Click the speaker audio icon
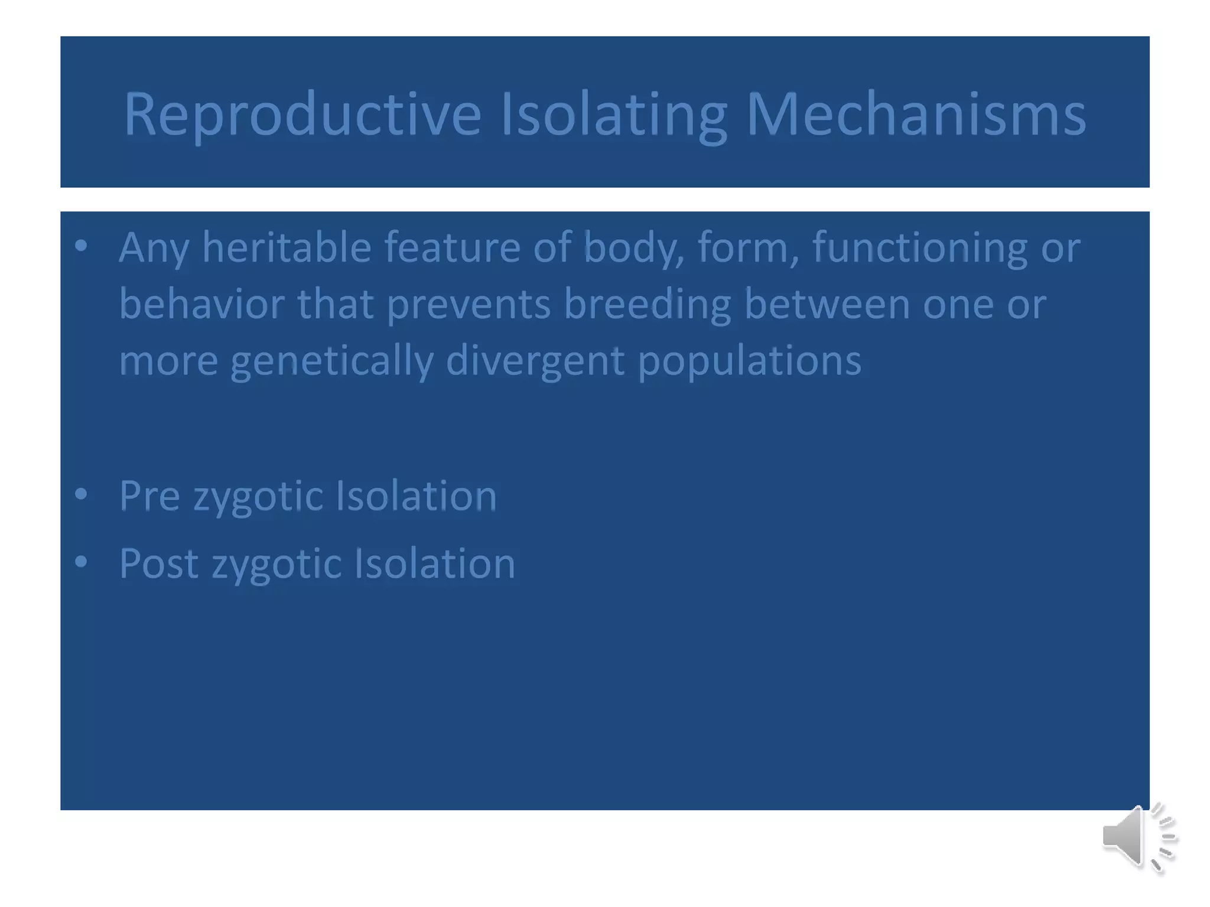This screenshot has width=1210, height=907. click(x=1138, y=837)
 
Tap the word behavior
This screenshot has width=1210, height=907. click(x=201, y=304)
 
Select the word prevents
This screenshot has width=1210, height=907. click(x=469, y=304)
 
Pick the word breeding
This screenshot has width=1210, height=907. click(x=647, y=304)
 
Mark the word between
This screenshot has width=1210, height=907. click(x=827, y=304)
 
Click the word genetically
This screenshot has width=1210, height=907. click(x=331, y=361)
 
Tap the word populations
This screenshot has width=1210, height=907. click(x=749, y=361)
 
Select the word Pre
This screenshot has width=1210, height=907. click(x=149, y=495)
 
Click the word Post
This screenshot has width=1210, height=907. click(x=158, y=563)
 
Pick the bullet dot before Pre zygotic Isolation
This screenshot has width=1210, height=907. click(x=82, y=494)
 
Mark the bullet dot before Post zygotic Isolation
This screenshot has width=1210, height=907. click(x=82, y=562)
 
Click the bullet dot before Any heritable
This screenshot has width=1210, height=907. click(x=82, y=245)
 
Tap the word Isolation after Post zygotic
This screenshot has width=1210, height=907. click(x=434, y=563)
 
